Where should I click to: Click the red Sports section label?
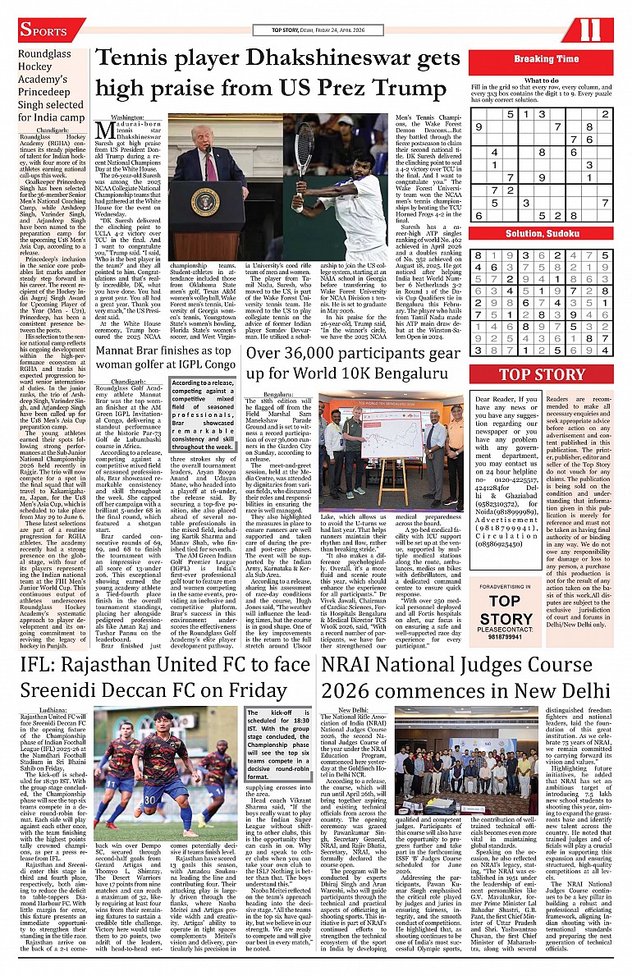(x=51, y=31)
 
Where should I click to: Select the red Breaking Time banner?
(x=546, y=59)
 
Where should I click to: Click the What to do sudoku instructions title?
(x=542, y=80)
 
